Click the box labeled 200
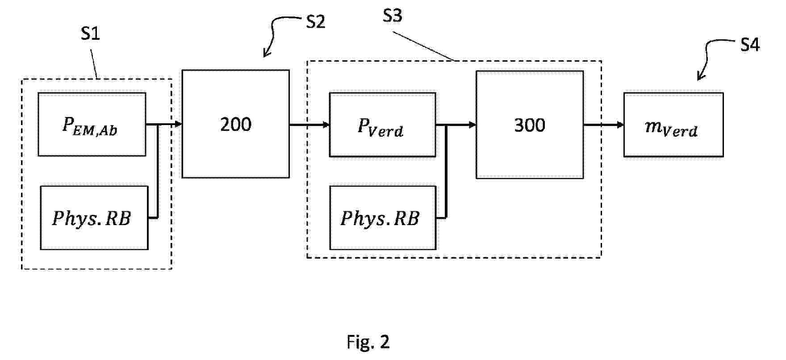(235, 124)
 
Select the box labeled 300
(529, 125)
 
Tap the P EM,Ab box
(92, 125)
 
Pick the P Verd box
(382, 125)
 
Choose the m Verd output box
(673, 125)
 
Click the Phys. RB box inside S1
(94, 218)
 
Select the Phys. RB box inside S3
(382, 218)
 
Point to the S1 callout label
(90, 34)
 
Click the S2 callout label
(315, 22)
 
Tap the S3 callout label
(393, 16)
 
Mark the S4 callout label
(750, 45)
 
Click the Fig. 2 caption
(368, 342)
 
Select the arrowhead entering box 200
(179, 124)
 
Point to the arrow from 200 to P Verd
(309, 125)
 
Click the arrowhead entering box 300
(472, 125)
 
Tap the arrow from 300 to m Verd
(603, 125)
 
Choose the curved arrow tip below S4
(699, 79)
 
